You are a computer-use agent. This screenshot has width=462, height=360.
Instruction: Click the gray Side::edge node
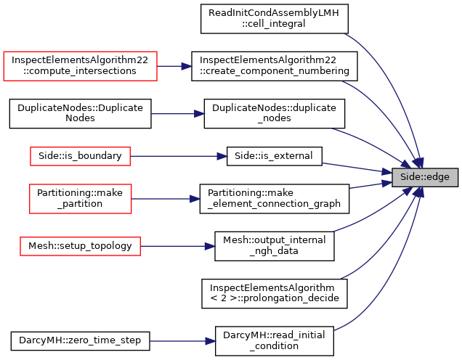coord(425,177)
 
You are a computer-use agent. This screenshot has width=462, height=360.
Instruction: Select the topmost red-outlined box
coord(80,66)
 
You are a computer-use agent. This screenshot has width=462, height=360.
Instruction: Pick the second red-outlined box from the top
coord(80,156)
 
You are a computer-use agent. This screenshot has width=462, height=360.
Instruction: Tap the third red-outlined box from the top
coord(80,199)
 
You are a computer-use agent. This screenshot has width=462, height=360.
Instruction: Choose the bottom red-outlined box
coord(80,246)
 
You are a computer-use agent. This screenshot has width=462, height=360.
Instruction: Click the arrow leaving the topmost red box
coord(174,66)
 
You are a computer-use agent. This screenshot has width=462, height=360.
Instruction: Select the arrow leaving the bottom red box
coord(178,246)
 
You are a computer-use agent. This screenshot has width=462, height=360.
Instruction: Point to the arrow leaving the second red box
coord(178,156)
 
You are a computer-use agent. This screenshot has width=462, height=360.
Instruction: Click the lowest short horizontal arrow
coord(182,341)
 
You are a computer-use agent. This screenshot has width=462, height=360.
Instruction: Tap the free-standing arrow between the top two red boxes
coord(177,114)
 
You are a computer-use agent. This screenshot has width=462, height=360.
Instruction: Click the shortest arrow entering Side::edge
coord(370,185)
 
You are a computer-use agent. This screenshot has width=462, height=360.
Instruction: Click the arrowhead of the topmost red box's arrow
coord(187,66)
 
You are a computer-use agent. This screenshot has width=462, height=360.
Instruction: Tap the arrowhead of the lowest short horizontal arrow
coord(211,341)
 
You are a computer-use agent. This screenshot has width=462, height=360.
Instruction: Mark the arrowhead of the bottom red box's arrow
coord(210,246)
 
